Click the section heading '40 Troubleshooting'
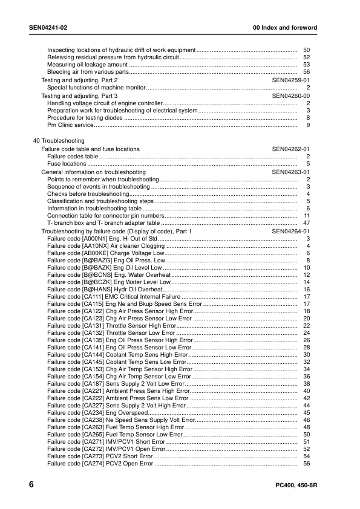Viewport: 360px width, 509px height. click(x=59, y=141)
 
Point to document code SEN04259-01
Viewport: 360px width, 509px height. click(x=291, y=80)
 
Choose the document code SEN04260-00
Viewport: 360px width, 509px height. click(x=291, y=96)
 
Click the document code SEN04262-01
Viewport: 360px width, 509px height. click(x=291, y=149)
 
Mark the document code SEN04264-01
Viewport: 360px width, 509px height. click(x=291, y=232)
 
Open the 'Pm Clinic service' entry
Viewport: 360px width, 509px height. click(x=70, y=125)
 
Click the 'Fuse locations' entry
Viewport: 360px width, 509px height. click(x=67, y=164)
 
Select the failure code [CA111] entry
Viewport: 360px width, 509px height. click(x=114, y=297)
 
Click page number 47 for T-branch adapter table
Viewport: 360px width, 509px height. click(x=306, y=223)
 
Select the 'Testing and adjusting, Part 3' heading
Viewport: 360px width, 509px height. click(x=79, y=96)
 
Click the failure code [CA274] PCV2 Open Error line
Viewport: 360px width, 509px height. click(x=100, y=464)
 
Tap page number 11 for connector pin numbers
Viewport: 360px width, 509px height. click(x=307, y=215)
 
